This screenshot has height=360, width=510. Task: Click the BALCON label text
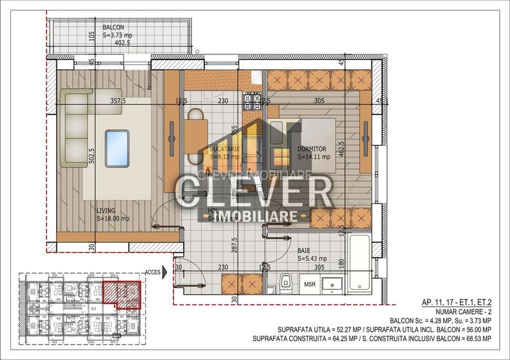114,27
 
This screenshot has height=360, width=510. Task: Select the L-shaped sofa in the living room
76,128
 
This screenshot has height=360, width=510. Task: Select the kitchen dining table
196,131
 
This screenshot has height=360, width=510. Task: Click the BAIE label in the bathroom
305,251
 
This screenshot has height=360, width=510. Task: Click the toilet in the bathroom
286,281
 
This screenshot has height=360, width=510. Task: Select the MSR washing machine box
310,283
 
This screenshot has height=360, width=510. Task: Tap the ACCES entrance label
153,271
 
